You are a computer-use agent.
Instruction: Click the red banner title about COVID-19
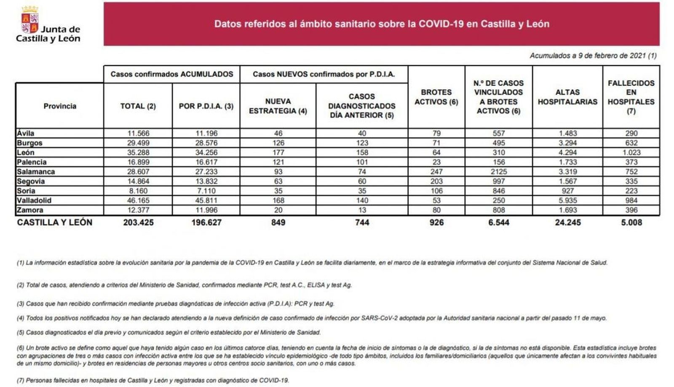tap(381, 24)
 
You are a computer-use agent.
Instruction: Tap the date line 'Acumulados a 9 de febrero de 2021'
tap(593, 56)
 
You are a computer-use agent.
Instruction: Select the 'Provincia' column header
tap(60, 106)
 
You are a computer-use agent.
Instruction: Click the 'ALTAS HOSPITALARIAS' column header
tap(567, 97)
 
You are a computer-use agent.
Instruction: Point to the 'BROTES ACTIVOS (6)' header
tap(436, 97)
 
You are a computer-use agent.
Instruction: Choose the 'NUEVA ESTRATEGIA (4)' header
tap(278, 106)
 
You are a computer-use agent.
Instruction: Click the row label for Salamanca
tap(36, 172)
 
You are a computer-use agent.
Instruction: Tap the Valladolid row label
tap(34, 200)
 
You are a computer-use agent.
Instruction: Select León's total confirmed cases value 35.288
tap(138, 152)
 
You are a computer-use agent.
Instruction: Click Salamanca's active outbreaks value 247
tap(436, 172)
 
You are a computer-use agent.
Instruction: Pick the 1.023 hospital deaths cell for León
tap(631, 152)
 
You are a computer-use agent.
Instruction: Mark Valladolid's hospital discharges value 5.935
tap(567, 200)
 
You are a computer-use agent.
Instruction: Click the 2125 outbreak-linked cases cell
tap(498, 172)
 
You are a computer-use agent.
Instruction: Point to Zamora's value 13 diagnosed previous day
tap(362, 210)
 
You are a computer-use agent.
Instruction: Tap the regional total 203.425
tap(138, 222)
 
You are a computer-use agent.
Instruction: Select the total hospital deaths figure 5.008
tap(631, 222)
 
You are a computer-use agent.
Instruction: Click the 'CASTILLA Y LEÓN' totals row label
tap(55, 222)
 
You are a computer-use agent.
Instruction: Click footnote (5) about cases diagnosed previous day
tap(168, 332)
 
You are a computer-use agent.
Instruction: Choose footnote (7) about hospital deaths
tap(153, 380)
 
